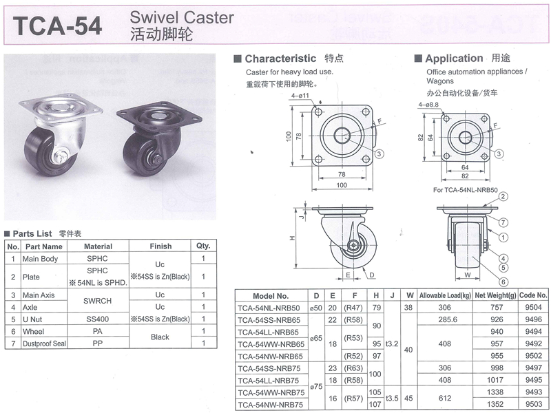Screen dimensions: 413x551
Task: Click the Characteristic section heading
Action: (x=280, y=59)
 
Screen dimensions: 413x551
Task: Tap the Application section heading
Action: (x=454, y=59)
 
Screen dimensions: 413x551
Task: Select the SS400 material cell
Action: (x=98, y=319)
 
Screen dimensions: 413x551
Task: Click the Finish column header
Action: (x=160, y=246)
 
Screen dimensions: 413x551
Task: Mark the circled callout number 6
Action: (x=504, y=282)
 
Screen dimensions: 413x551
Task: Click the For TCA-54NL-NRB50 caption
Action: (x=468, y=189)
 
